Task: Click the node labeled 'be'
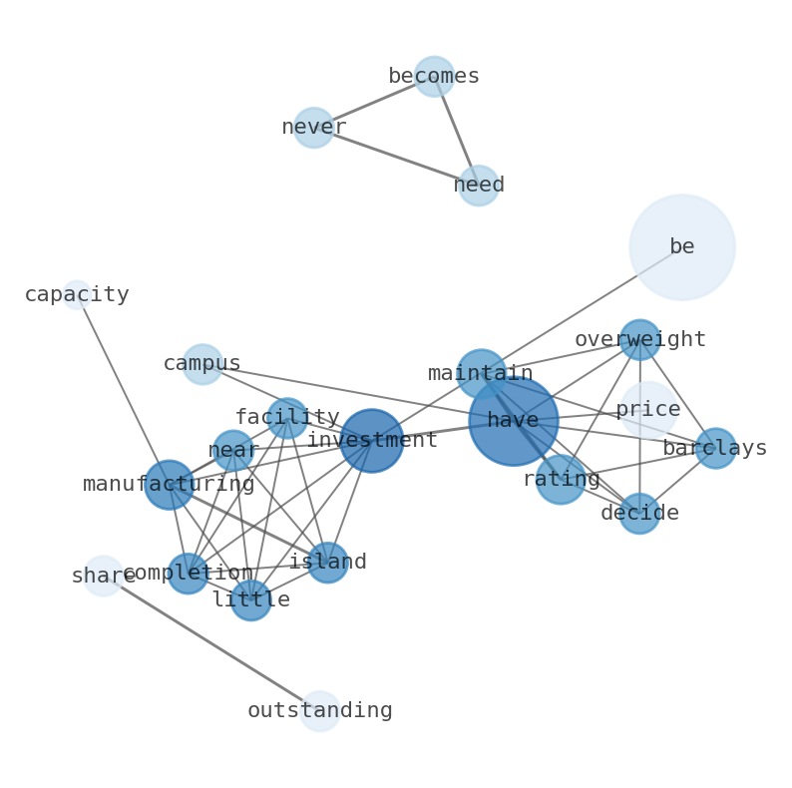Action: tap(682, 246)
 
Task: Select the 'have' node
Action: tap(513, 420)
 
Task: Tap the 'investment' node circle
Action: tap(371, 440)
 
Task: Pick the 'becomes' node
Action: tap(434, 76)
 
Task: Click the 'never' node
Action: tap(313, 128)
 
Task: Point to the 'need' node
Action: tap(479, 186)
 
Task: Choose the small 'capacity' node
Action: tap(77, 294)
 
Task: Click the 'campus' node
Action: tap(202, 364)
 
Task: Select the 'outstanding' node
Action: tap(320, 711)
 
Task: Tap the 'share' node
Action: tap(103, 576)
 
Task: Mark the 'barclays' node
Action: tap(715, 448)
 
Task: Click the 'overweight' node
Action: tap(639, 339)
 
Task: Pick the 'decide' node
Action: tap(639, 514)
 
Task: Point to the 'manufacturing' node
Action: tap(169, 485)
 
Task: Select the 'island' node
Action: tap(327, 563)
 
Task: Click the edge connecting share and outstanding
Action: tap(211, 643)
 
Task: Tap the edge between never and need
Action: tap(396, 157)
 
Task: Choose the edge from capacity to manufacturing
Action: tap(123, 389)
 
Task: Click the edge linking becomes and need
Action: tap(456, 131)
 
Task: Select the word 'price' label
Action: tap(648, 409)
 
